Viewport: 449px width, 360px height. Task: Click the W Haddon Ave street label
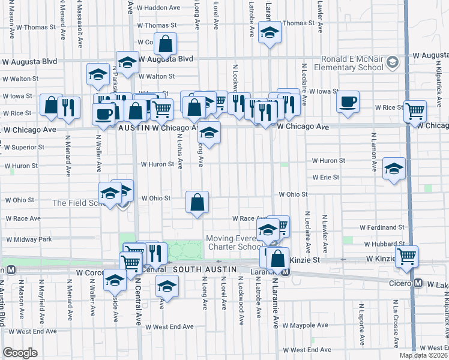(x=158, y=8)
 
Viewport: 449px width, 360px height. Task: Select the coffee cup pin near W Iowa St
(x=348, y=102)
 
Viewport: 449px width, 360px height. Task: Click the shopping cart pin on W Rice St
(x=415, y=111)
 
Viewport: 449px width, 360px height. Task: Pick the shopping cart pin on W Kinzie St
(x=407, y=256)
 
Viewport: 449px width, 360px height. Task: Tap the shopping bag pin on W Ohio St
(x=197, y=203)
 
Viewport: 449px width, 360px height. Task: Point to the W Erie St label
(x=325, y=178)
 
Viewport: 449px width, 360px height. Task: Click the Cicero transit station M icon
(x=417, y=283)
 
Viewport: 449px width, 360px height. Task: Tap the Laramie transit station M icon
(x=286, y=272)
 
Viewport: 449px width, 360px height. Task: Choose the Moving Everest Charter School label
(x=234, y=242)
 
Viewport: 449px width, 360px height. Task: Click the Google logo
(x=20, y=353)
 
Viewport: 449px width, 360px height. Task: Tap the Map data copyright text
(x=423, y=355)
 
